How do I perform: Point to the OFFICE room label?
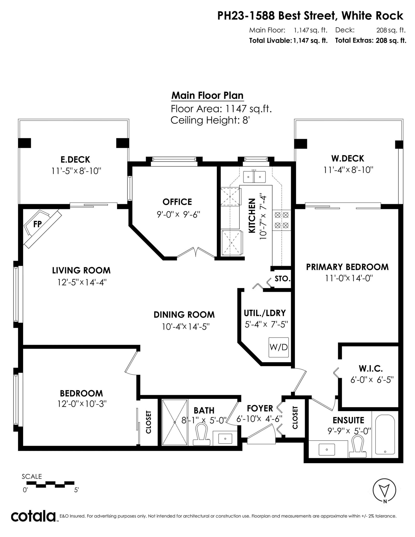[177, 202]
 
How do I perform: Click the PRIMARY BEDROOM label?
[347, 267]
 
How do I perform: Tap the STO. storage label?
[282, 279]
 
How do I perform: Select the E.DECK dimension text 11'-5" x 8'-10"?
[76, 171]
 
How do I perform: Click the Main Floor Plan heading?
[208, 95]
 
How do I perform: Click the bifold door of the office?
[196, 252]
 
